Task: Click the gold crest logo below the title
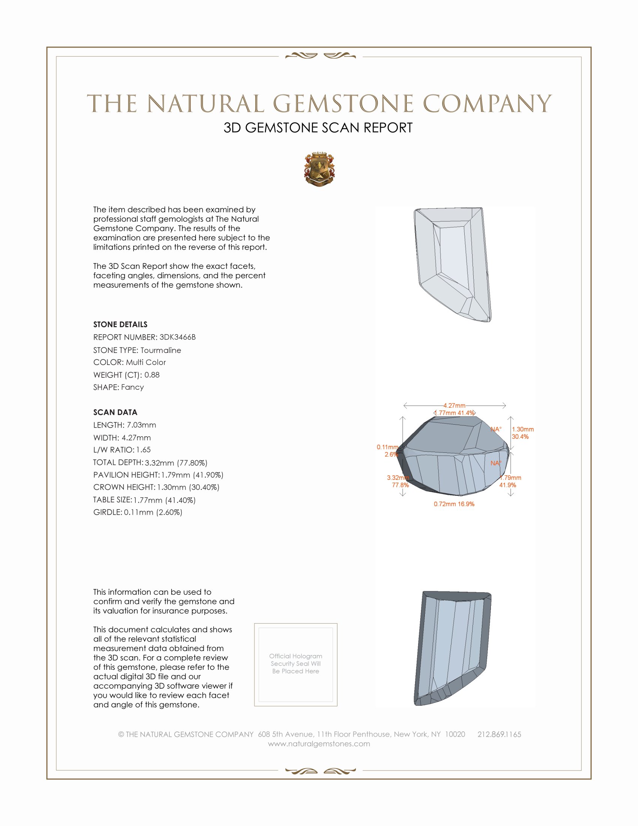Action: (x=319, y=169)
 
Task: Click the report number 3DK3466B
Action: (x=177, y=337)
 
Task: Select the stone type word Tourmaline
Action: (x=161, y=350)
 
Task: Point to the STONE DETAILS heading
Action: (x=120, y=324)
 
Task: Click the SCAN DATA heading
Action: (x=115, y=412)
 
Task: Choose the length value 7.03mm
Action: (x=141, y=425)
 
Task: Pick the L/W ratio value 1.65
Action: (x=144, y=450)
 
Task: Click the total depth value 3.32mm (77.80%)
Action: (x=176, y=463)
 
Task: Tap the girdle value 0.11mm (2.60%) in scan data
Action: (x=153, y=512)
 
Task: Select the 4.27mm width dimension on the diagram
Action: (x=454, y=405)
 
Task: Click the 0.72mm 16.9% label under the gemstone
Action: (x=454, y=504)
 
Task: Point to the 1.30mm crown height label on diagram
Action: (x=523, y=429)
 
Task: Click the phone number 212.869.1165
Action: (x=499, y=734)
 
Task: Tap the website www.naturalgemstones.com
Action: (x=319, y=743)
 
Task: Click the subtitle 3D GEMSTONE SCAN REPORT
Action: (x=318, y=128)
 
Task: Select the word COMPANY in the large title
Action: (x=487, y=104)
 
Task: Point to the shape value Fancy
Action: (x=132, y=387)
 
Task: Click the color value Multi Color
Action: (x=146, y=362)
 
